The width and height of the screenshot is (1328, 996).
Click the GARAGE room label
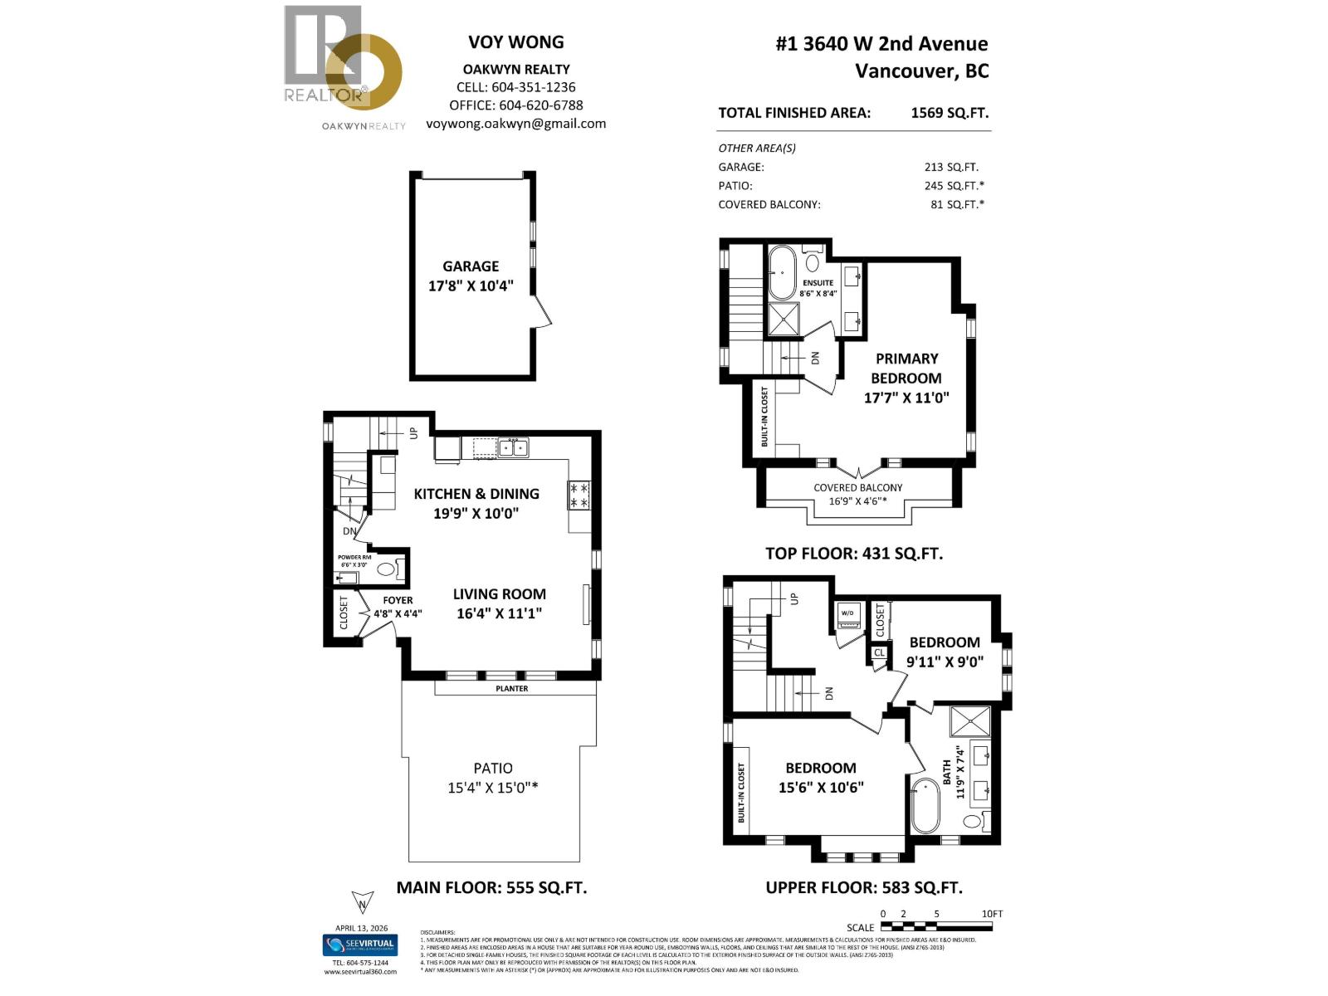pos(471,266)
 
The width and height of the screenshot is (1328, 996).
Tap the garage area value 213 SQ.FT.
pos(950,167)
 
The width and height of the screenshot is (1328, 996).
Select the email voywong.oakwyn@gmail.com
pos(515,124)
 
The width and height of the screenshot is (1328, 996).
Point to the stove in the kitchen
pos(579,496)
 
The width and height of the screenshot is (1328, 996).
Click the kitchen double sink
pos(512,448)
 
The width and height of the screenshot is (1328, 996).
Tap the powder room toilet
pos(386,569)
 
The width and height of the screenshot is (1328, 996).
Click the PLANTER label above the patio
pos(511,688)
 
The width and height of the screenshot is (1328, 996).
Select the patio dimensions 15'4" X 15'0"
pos(492,787)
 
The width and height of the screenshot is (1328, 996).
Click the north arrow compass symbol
pos(362,902)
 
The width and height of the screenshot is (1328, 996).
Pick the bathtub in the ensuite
pos(782,273)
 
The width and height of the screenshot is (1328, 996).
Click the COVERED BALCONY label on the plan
pos(857,488)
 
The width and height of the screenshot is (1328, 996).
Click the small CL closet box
pos(879,652)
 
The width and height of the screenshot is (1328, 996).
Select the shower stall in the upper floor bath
pos(969,720)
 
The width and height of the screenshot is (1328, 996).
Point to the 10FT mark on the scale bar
pos(991,915)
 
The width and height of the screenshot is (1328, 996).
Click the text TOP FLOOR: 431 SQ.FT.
pos(853,554)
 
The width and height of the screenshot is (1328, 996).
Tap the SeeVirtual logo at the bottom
pos(359,945)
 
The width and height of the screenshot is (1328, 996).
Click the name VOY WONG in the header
pos(515,42)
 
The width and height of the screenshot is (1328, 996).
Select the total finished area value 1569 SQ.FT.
pos(950,113)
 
